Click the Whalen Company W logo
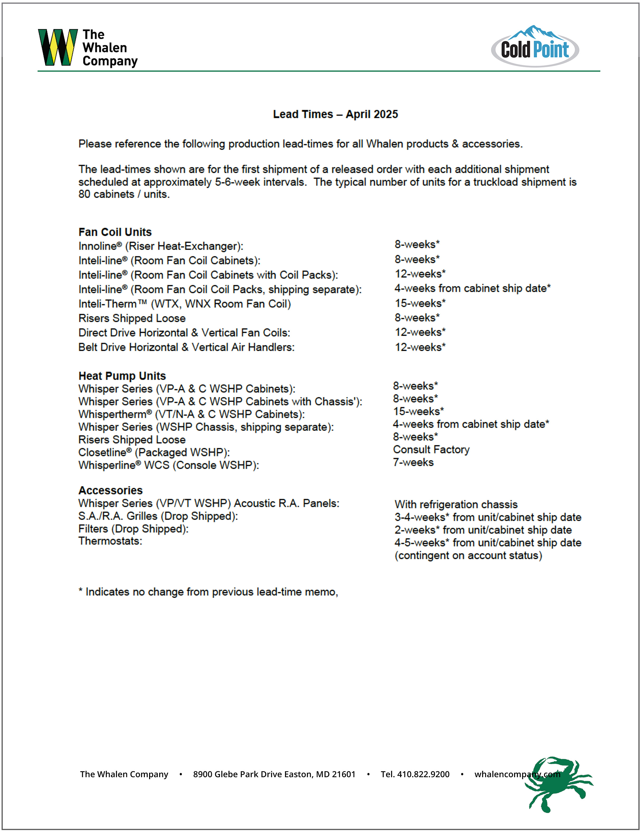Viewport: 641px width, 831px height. (x=58, y=47)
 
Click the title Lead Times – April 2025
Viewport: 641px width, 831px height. (x=335, y=114)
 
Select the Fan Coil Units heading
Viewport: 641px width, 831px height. (x=115, y=232)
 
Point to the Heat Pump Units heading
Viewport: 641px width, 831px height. (x=122, y=376)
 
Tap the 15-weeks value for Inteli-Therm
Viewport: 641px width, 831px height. (x=420, y=303)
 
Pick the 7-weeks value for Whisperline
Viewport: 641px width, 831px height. (x=413, y=462)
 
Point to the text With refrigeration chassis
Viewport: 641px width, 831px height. (x=456, y=505)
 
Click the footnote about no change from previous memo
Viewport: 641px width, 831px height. (x=208, y=592)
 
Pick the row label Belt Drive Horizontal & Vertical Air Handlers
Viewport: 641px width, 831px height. (x=186, y=347)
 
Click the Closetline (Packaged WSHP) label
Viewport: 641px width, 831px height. (x=154, y=452)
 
